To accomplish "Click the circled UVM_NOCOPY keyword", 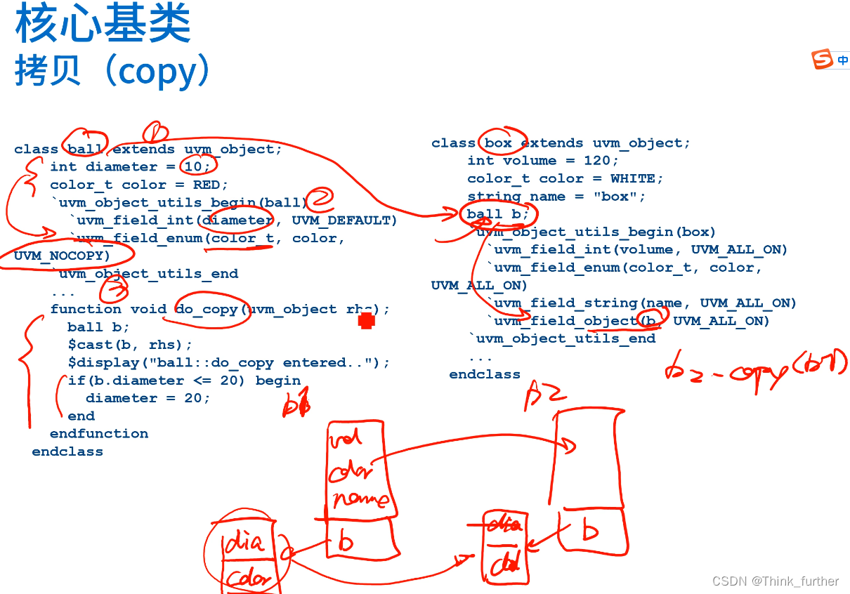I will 62,256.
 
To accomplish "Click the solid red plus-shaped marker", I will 366,321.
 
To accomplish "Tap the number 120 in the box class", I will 597,161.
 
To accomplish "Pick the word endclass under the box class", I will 485,374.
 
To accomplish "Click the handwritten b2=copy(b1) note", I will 755,368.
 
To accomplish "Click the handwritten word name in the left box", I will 360,500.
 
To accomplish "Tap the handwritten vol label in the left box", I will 346,438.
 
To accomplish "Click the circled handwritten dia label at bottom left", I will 245,543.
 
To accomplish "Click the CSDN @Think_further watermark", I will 776,581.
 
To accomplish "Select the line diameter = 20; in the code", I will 148,398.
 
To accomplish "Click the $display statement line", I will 228,362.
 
